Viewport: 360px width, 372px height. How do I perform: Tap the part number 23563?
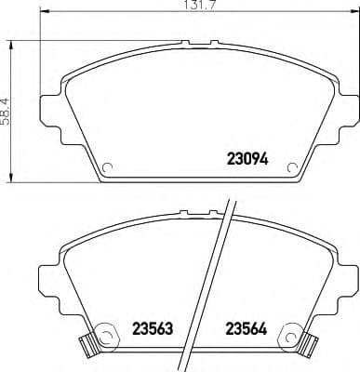coord(153,328)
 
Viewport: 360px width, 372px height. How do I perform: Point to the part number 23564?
coord(245,328)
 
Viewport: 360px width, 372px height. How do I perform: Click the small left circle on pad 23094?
coord(107,169)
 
